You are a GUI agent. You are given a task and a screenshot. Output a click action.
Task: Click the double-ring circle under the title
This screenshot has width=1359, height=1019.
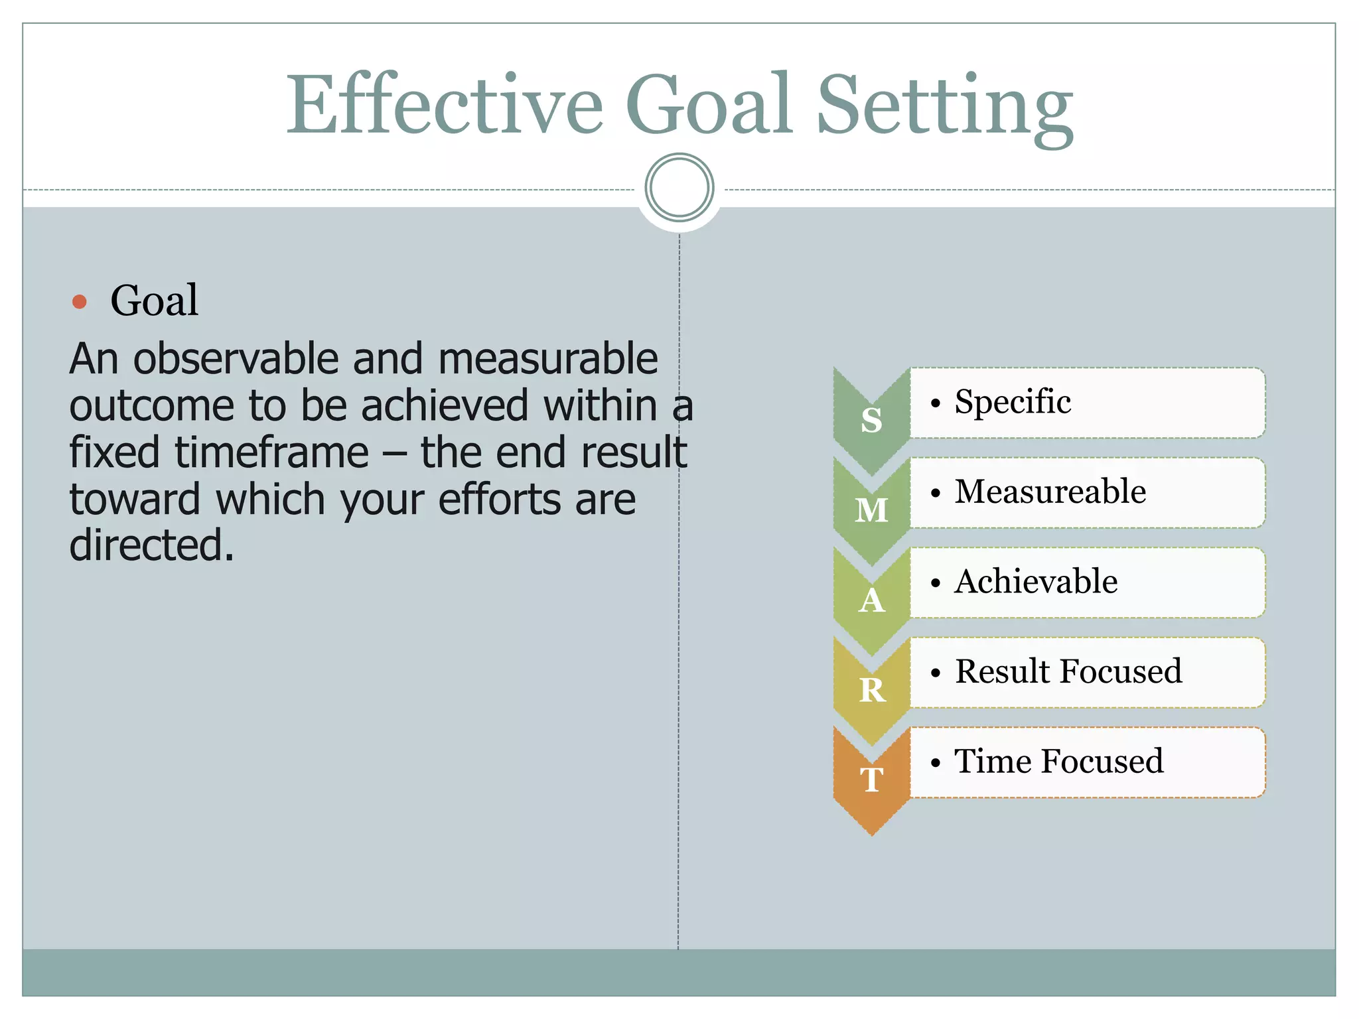(679, 188)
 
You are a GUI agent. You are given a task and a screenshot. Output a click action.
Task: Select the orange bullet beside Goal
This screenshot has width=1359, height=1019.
(80, 302)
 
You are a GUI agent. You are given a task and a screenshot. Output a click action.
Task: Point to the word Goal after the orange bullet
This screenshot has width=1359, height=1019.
(154, 301)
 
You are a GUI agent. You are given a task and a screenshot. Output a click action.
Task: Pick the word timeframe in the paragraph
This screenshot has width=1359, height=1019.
(271, 452)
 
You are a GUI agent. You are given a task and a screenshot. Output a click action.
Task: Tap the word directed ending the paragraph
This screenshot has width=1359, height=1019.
(151, 545)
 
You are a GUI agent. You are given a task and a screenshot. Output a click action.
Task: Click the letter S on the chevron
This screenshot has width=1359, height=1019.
(871, 421)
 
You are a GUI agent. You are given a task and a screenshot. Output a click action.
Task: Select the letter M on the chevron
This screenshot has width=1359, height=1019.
(871, 510)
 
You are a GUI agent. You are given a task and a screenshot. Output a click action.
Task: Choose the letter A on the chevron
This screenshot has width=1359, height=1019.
(871, 600)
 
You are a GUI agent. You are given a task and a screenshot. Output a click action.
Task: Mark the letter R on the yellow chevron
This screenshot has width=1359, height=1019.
(872, 690)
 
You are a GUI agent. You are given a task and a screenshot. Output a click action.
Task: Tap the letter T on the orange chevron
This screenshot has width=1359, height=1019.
(872, 780)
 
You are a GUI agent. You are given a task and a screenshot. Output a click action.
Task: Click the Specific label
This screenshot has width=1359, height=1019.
(1013, 402)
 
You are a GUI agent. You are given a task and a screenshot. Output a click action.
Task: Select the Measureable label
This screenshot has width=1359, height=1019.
(1050, 492)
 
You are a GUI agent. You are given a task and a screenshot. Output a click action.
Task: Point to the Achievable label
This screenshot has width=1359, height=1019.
(1036, 582)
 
